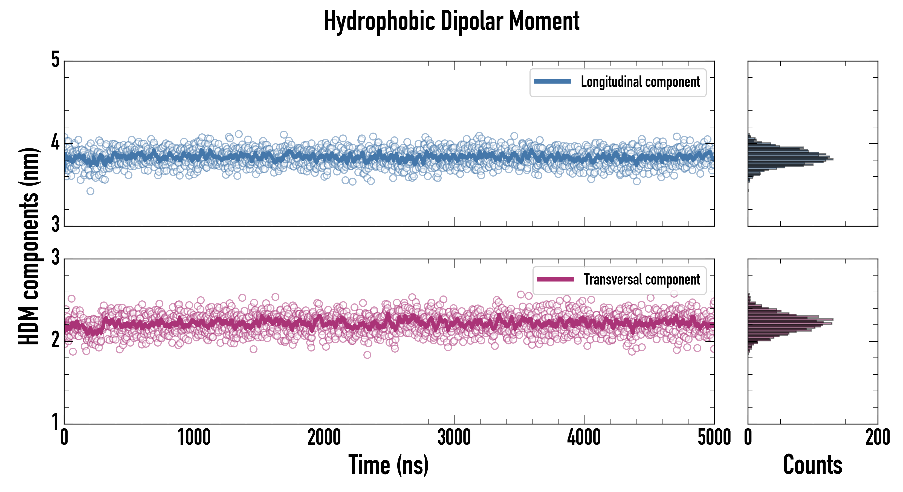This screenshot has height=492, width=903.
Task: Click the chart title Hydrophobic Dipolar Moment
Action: (x=451, y=22)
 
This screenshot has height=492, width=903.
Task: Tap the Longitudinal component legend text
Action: (x=640, y=82)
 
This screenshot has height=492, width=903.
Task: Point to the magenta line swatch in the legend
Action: (x=555, y=279)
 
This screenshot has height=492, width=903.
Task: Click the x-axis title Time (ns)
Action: (x=388, y=465)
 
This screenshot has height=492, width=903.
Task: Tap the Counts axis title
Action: (x=812, y=465)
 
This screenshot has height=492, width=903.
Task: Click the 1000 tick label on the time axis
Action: (x=194, y=438)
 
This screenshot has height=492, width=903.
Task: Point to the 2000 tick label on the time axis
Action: (x=324, y=438)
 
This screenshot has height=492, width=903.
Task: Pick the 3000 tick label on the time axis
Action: (x=454, y=438)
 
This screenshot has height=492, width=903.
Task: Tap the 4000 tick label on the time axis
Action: (x=584, y=438)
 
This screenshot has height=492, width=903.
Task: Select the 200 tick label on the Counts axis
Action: (x=877, y=438)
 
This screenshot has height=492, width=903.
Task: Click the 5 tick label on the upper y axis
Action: (x=55, y=60)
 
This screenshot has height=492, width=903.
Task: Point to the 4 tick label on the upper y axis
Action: (x=55, y=142)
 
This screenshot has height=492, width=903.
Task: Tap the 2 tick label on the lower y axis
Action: (x=55, y=340)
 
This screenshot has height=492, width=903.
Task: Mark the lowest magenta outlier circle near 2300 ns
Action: (x=367, y=355)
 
